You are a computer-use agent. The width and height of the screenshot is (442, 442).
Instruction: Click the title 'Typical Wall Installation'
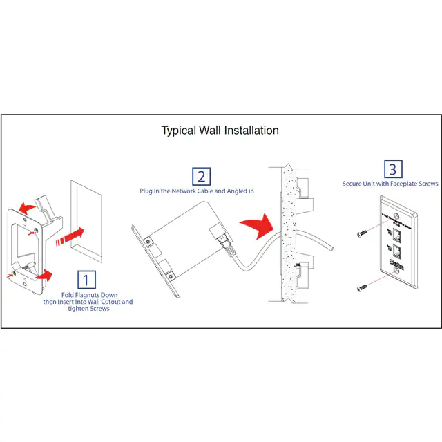click(220, 130)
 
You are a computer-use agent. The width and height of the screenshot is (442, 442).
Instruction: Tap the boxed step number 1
click(86, 280)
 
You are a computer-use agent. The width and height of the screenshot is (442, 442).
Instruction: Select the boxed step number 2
click(201, 176)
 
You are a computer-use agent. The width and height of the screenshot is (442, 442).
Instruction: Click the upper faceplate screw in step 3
click(361, 235)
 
